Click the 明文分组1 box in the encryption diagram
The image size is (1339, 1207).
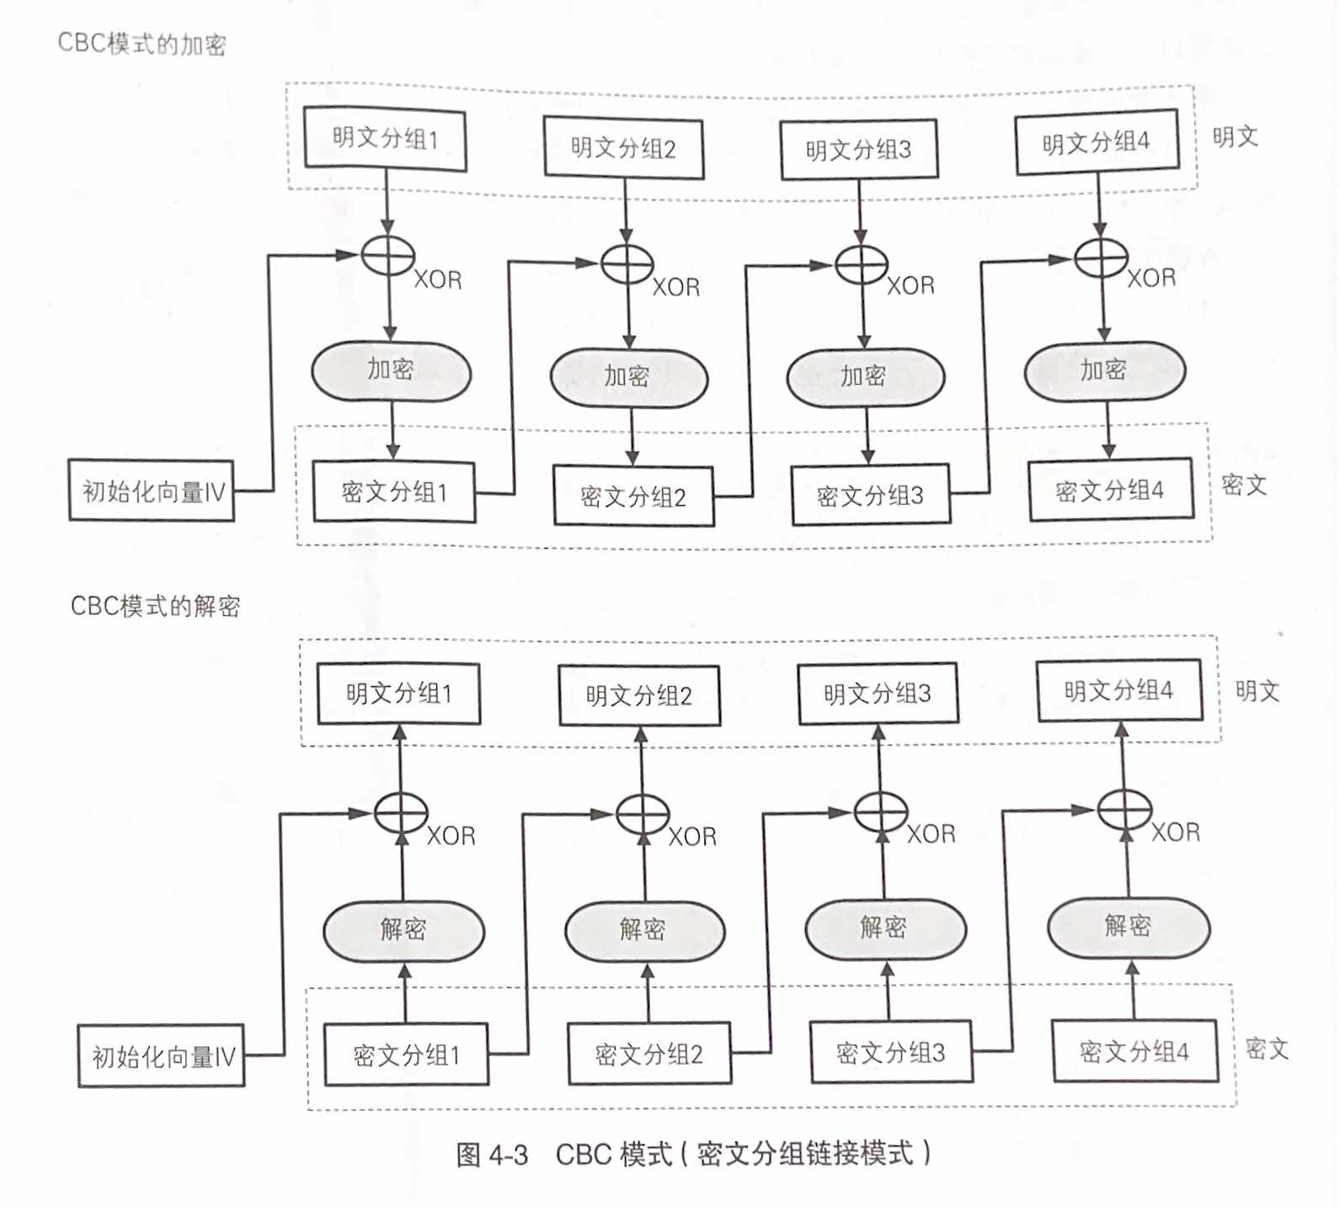coord(385,138)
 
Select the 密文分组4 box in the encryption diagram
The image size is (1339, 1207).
coord(1110,489)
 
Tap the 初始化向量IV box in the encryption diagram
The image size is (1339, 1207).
coord(152,490)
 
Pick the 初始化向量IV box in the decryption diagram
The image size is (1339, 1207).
coord(162,1055)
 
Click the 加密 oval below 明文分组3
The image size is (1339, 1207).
coord(865,375)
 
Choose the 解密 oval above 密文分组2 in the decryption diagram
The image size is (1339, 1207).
coord(644,930)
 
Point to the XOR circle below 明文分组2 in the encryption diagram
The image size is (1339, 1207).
coord(627,264)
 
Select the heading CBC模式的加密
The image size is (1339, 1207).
coord(141,43)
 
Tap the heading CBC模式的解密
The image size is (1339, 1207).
coord(156,605)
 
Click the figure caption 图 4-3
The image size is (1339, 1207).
coord(492,1154)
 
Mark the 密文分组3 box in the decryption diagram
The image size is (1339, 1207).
coord(891,1052)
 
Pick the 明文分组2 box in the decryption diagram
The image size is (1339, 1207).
coord(639,695)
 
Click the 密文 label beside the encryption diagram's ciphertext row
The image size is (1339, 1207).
coord(1244,485)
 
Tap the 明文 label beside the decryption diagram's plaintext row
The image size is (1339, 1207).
coord(1257,691)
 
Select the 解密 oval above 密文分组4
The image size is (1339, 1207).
coord(1128,927)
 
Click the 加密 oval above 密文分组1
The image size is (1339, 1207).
coord(391,370)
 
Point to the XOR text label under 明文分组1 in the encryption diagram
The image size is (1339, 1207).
coord(438,279)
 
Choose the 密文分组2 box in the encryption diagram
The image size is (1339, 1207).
coord(633,497)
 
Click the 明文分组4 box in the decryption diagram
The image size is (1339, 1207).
coord(1119,691)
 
